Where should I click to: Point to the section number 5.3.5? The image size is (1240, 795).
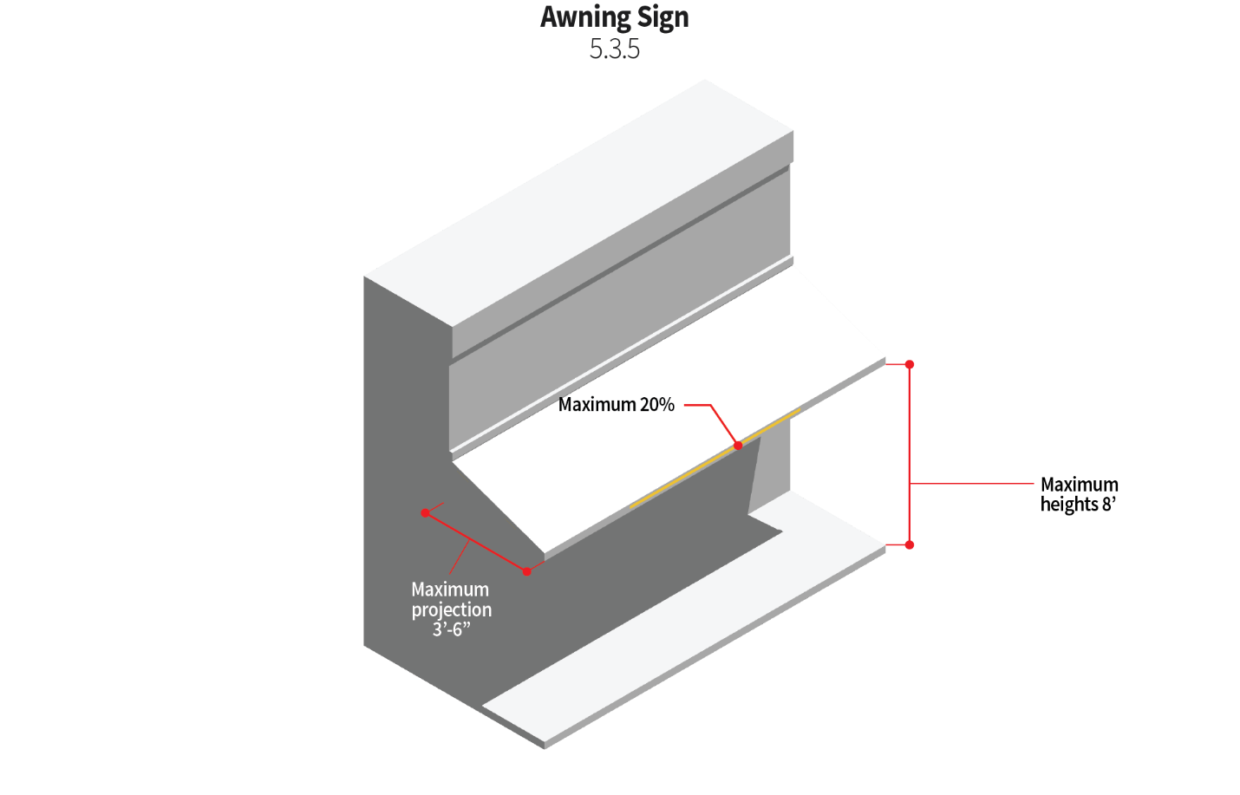point(614,49)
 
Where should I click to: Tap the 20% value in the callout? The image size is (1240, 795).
point(657,405)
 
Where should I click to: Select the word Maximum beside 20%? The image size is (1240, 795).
point(597,405)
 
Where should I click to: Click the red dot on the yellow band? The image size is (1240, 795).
point(738,446)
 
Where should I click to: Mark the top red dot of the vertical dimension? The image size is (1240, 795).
point(910,365)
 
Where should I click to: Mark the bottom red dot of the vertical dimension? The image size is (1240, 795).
point(910,544)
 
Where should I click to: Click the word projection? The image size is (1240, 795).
point(451,609)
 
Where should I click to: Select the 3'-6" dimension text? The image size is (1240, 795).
point(451,629)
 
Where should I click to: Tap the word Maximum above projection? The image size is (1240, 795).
point(449,590)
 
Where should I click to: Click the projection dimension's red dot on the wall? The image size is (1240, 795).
point(425,513)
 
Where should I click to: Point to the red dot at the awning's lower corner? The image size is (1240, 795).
point(527,571)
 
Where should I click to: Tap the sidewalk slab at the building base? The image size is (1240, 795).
point(694,624)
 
